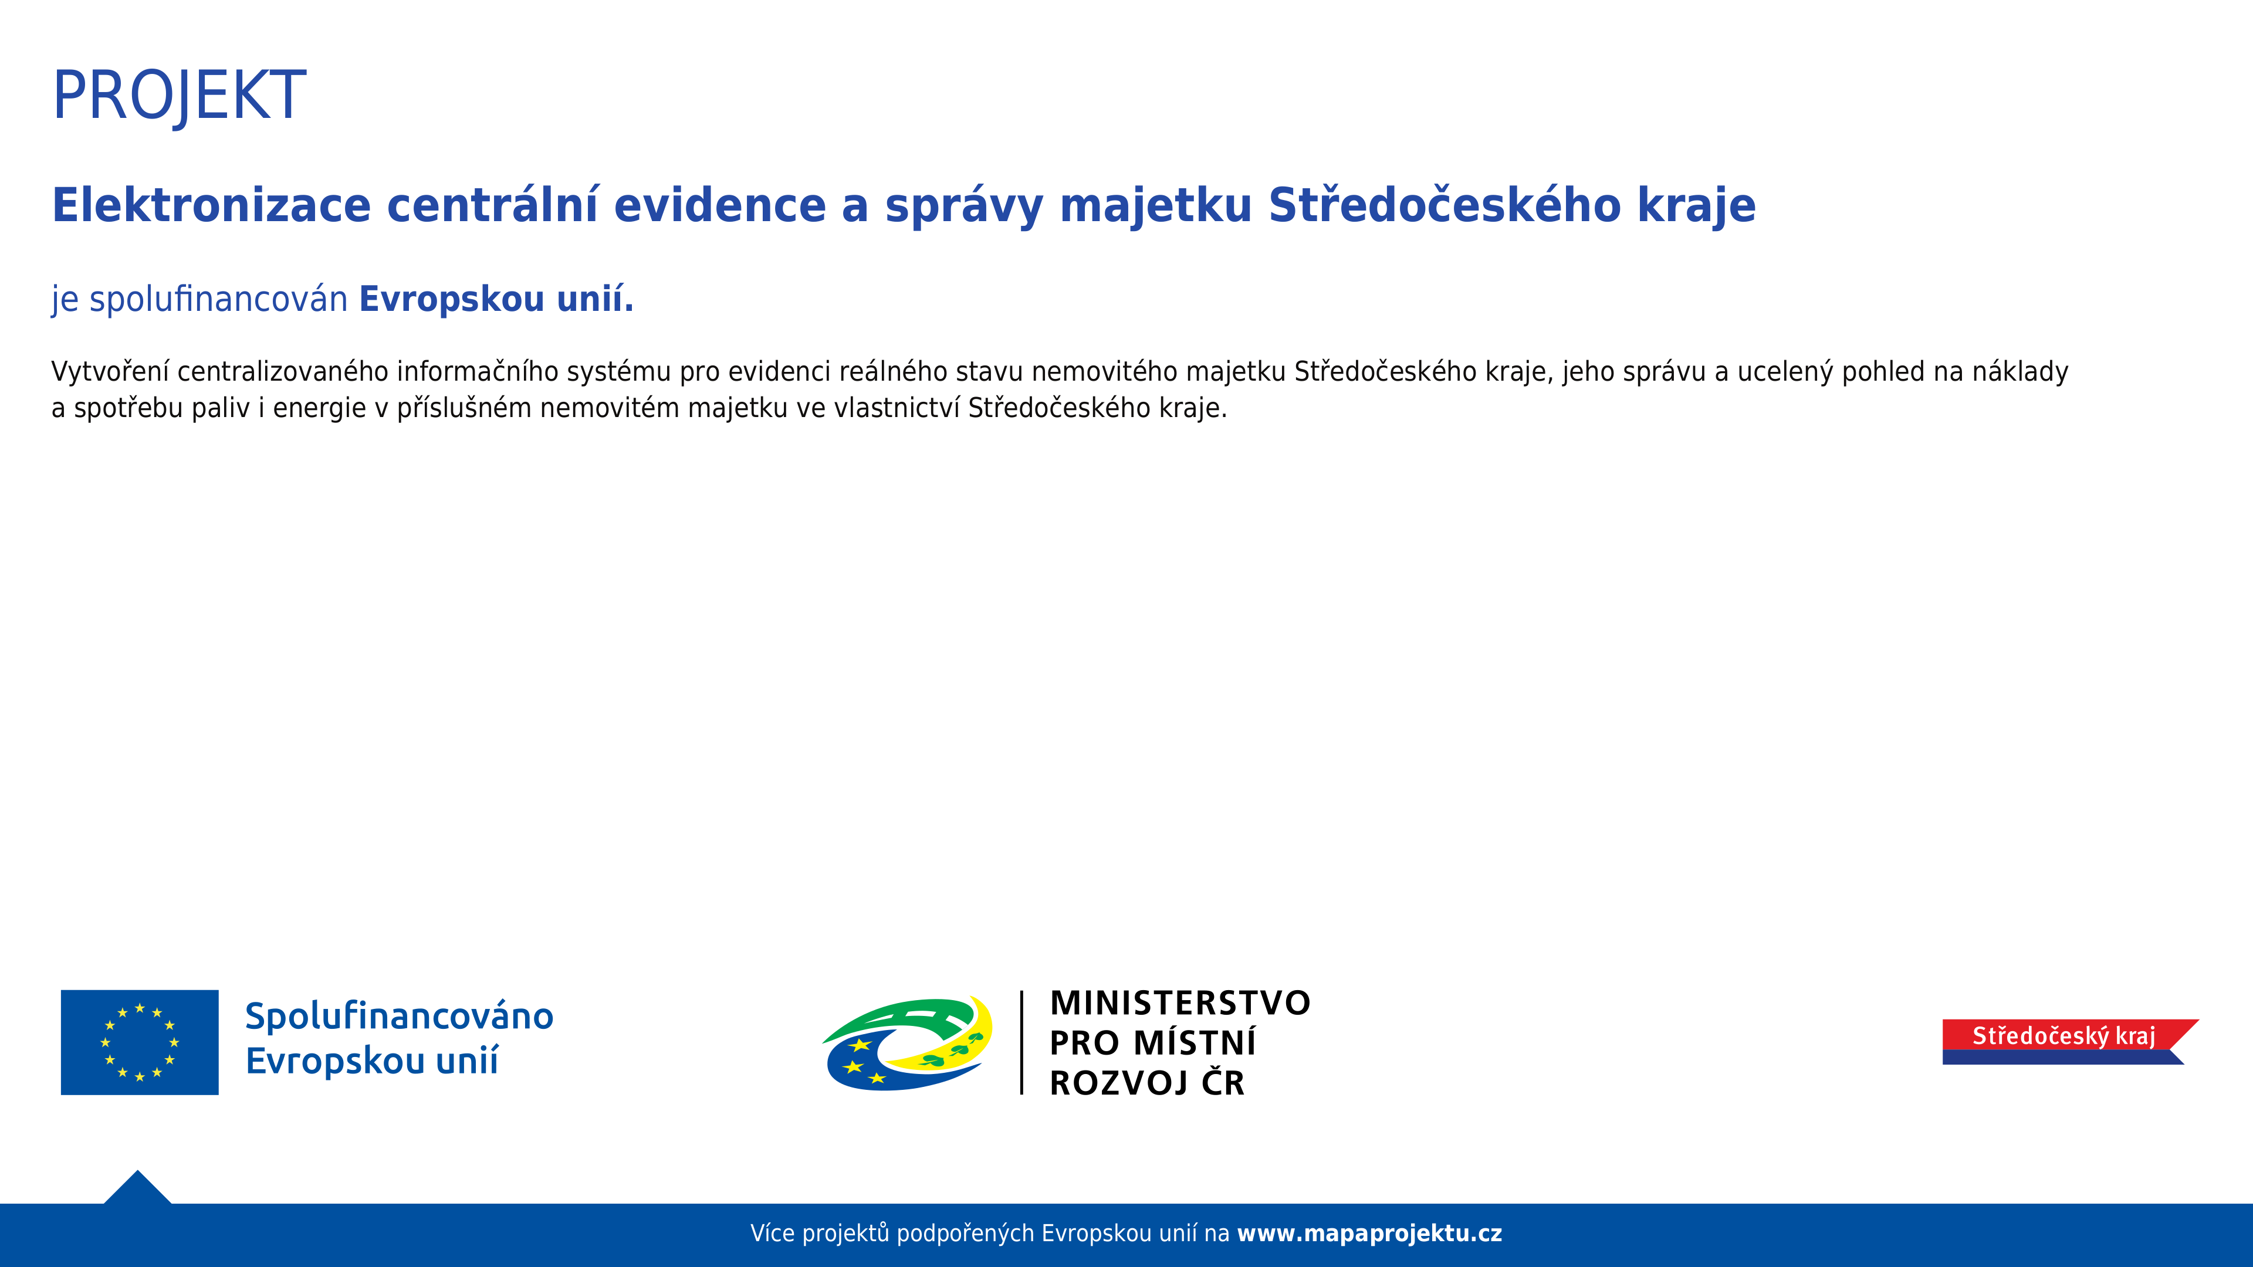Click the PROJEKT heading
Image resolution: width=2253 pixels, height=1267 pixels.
pyautogui.click(x=180, y=96)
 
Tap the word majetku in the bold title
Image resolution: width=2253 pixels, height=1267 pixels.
pyautogui.click(x=1155, y=207)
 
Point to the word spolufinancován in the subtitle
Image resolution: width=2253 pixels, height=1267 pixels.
pyautogui.click(x=219, y=300)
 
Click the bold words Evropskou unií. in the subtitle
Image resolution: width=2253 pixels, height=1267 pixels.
pyautogui.click(x=496, y=300)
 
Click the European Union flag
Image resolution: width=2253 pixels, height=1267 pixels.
pyautogui.click(x=140, y=1042)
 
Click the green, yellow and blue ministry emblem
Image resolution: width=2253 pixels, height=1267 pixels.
pyautogui.click(x=908, y=1043)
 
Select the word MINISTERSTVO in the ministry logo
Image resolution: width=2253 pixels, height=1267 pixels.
pyautogui.click(x=1180, y=1003)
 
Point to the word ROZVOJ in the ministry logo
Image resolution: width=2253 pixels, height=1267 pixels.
pyautogui.click(x=1119, y=1083)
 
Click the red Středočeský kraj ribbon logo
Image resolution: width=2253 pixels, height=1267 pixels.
pyautogui.click(x=2070, y=1041)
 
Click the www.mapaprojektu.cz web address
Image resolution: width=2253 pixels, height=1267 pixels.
pyautogui.click(x=1369, y=1234)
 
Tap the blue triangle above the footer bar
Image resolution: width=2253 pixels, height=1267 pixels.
pyautogui.click(x=137, y=1189)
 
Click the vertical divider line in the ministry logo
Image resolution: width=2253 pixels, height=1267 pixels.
pyautogui.click(x=1021, y=1042)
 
